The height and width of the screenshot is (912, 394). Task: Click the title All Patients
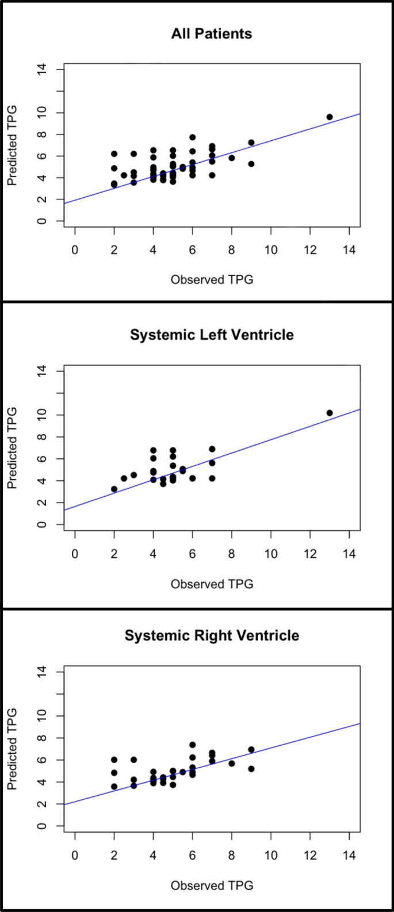pyautogui.click(x=211, y=33)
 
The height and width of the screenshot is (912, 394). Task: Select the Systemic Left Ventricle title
pyautogui.click(x=211, y=335)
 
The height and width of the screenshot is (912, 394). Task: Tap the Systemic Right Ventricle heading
pyautogui.click(x=211, y=635)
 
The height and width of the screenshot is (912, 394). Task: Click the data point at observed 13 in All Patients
pyautogui.click(x=330, y=117)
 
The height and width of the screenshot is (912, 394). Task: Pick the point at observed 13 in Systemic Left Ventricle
pyautogui.click(x=330, y=413)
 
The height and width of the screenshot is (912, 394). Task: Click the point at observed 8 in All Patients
pyautogui.click(x=232, y=158)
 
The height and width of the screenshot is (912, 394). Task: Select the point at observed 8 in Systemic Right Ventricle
pyautogui.click(x=232, y=763)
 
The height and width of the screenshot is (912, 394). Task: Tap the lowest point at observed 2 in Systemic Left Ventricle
pyautogui.click(x=114, y=489)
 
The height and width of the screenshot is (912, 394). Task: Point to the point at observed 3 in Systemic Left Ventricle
pyautogui.click(x=134, y=475)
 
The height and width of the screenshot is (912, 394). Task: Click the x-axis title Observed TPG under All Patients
pyautogui.click(x=212, y=280)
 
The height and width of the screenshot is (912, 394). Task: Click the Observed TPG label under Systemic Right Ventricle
pyautogui.click(x=212, y=886)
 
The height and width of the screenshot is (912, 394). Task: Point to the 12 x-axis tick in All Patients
pyautogui.click(x=310, y=251)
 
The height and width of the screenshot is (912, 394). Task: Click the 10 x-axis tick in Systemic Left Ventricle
pyautogui.click(x=271, y=554)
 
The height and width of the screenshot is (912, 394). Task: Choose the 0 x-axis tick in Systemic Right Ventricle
pyautogui.click(x=75, y=855)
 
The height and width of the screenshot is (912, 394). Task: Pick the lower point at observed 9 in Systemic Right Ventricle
pyautogui.click(x=251, y=769)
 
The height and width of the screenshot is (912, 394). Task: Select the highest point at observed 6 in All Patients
pyautogui.click(x=193, y=137)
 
